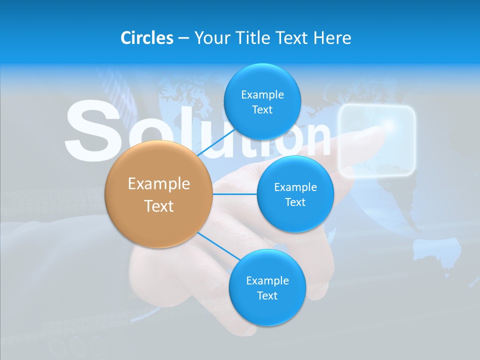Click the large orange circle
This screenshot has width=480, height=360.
click(x=159, y=194)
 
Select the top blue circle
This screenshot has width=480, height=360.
click(x=262, y=101)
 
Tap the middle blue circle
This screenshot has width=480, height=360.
click(x=295, y=194)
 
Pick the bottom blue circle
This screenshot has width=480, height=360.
click(x=267, y=287)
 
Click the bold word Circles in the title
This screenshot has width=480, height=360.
click(x=146, y=38)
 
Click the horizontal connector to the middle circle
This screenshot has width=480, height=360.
click(x=235, y=194)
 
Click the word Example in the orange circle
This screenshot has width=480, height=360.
click(x=159, y=184)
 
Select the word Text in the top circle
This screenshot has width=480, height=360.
click(x=262, y=110)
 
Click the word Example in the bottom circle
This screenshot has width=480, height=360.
click(x=267, y=280)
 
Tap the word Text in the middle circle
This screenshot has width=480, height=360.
click(x=295, y=202)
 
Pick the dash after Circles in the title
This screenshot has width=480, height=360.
click(x=183, y=38)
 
